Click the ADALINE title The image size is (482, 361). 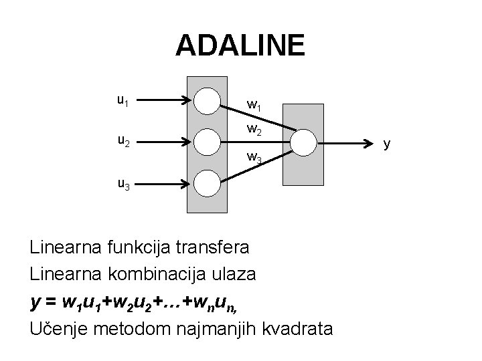pos(240,45)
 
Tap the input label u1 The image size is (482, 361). pos(123,101)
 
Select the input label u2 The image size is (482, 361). pos(123,142)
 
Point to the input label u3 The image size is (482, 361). pos(123,183)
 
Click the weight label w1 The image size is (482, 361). pos(254,104)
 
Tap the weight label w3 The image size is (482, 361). pos(254,158)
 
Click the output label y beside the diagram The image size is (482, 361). pos(387,142)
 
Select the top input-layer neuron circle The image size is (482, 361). pos(206,101)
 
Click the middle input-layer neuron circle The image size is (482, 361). pos(206,142)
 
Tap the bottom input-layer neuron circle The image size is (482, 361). pos(206,183)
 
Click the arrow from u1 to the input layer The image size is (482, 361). pos(168,101)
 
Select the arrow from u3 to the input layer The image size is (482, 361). pos(168,183)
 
